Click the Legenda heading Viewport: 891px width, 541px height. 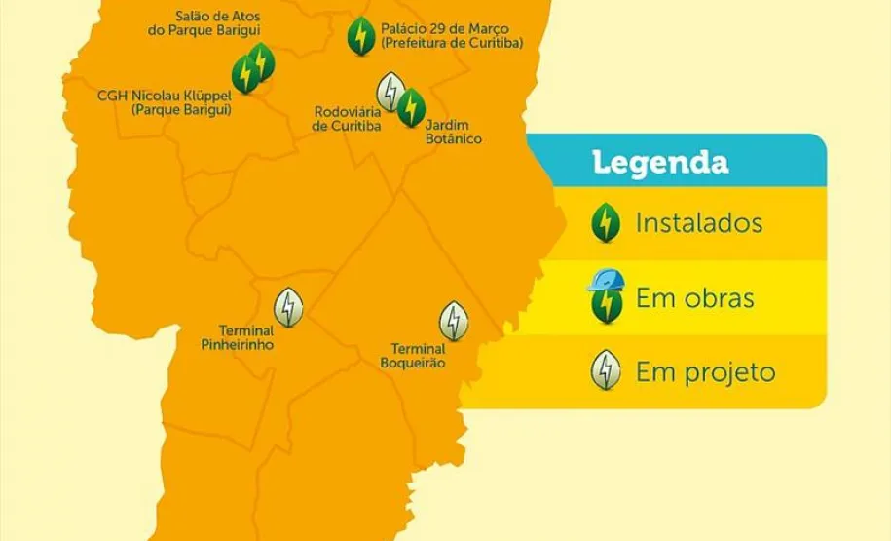660,162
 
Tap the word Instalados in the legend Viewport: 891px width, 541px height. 698,223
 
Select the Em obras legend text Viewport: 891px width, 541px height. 694,297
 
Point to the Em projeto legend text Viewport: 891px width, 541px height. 705,371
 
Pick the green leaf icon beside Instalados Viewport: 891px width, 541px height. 606,223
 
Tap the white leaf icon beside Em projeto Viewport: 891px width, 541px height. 606,370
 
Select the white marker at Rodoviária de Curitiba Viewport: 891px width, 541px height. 390,92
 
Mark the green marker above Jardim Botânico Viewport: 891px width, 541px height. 411,107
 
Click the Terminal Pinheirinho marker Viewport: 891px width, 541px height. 288,308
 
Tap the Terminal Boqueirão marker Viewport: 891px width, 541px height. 453,321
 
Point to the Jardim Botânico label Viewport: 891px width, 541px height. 453,132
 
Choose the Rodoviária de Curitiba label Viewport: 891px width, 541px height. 347,119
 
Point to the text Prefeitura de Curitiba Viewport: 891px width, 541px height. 452,44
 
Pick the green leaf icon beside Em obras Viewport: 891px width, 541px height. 606,304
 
